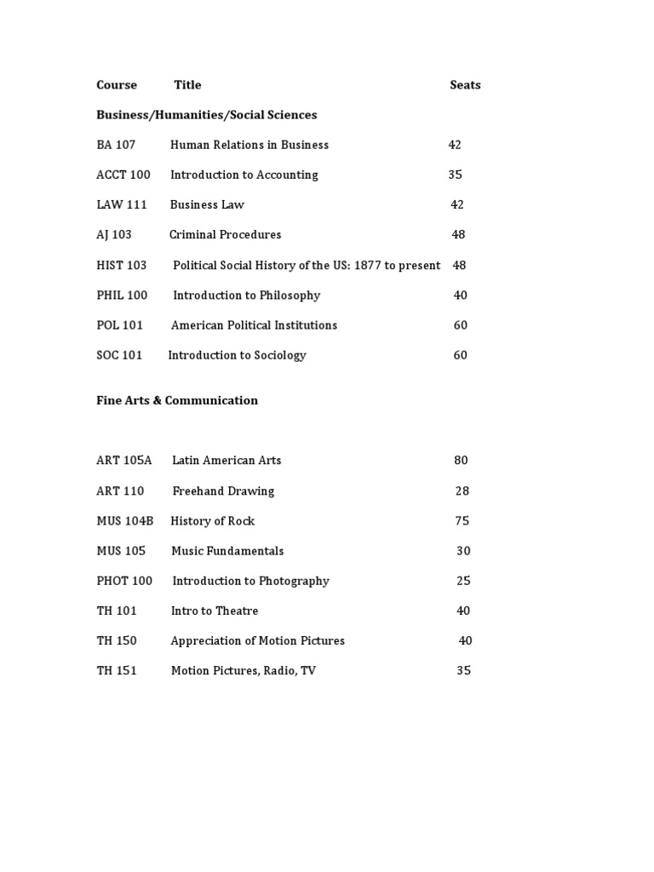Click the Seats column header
point(465,85)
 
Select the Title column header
point(187,85)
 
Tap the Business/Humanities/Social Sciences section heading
point(206,115)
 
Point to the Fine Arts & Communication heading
point(177,400)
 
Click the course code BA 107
point(116,145)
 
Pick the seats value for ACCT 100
point(455,175)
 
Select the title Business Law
point(207,204)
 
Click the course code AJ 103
point(114,235)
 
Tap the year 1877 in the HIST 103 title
point(366,265)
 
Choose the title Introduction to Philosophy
point(247,295)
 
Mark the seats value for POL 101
point(460,325)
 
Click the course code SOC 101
point(119,355)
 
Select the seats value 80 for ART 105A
point(461,461)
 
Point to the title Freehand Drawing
point(223,490)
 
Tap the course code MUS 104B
point(125,521)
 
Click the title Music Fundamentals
point(227,551)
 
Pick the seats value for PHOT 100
point(463,581)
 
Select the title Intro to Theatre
point(215,611)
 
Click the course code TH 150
point(117,640)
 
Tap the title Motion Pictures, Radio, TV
point(244,671)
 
